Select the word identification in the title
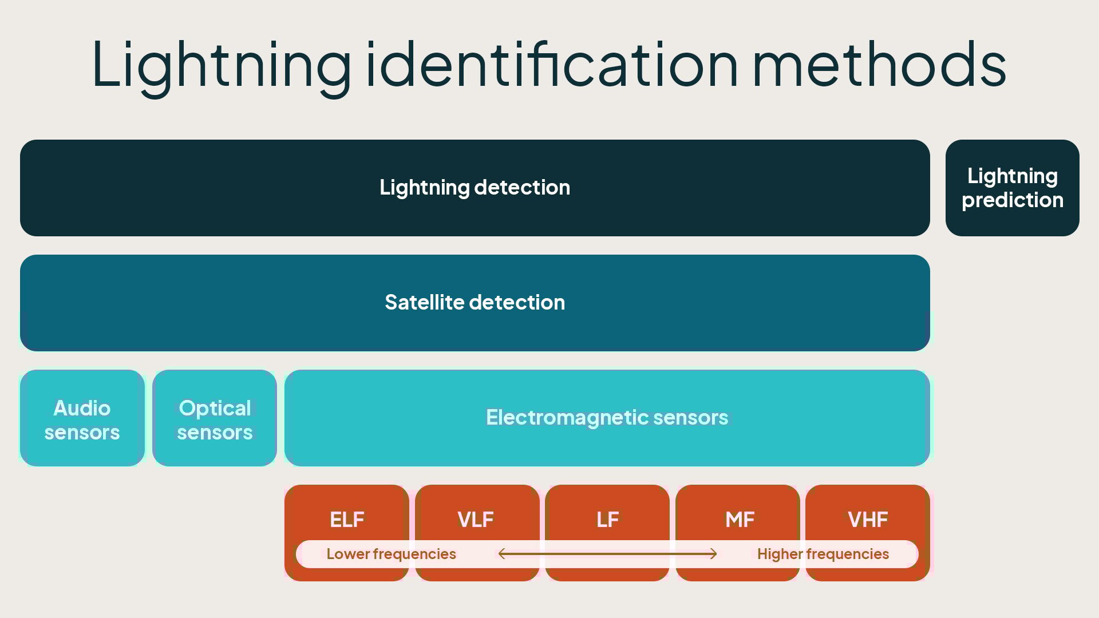[x=552, y=64]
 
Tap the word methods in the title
[x=879, y=64]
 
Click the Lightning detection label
[x=475, y=188]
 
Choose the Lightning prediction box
[x=1012, y=188]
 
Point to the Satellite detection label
[x=475, y=303]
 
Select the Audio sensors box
[x=82, y=418]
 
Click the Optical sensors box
[x=215, y=418]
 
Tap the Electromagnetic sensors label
[x=607, y=418]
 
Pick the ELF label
[x=347, y=520]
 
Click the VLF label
[x=476, y=520]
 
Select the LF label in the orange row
[x=607, y=520]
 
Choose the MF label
[x=740, y=520]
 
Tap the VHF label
[x=868, y=520]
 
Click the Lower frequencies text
[x=391, y=554]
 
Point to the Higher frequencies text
[x=823, y=554]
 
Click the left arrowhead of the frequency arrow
[x=501, y=553]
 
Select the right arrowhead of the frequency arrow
[x=714, y=553]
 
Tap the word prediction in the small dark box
[x=1012, y=200]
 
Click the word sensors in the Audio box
[x=82, y=433]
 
